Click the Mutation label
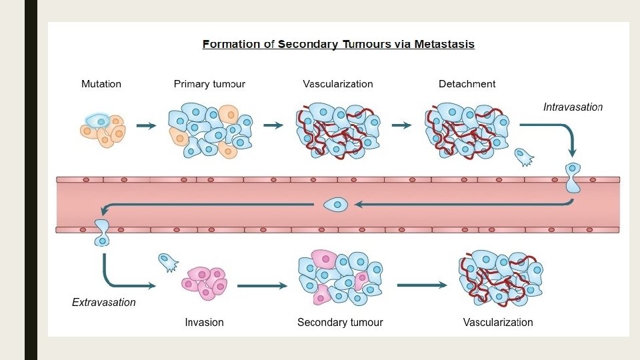pos(101,84)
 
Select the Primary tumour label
pos(209,84)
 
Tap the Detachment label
pos(467,84)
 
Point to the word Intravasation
pos(573,107)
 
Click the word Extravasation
pos(103,303)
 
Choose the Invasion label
pos(204,323)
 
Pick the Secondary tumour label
pos(340,323)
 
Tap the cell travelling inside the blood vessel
pos(336,205)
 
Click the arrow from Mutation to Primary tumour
pos(146,125)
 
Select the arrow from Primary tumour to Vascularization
pos(273,125)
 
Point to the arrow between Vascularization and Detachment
pos(401,125)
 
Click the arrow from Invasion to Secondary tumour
pos(262,286)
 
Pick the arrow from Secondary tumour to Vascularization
pos(422,285)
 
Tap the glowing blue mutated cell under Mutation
pos(99,121)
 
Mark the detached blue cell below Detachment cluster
pos(524,157)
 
